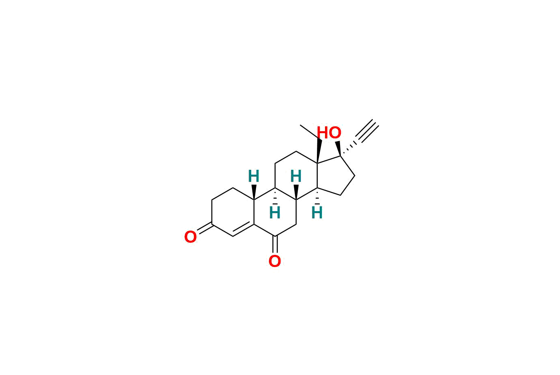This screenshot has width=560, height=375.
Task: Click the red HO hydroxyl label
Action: [329, 133]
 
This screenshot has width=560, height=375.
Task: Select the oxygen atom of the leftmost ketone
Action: [190, 237]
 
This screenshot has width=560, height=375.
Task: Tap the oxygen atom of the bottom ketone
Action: [275, 261]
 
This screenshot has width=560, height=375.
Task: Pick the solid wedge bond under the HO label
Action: [338, 148]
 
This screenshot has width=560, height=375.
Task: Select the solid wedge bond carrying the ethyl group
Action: [319, 151]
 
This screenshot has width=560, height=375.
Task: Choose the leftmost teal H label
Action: [254, 176]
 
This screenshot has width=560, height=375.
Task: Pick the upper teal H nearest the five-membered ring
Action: [296, 176]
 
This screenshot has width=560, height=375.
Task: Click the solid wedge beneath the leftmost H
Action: [254, 192]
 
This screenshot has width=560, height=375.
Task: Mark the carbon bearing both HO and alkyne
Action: [340, 156]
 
